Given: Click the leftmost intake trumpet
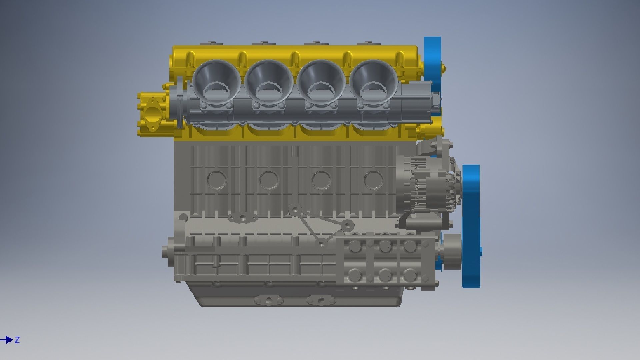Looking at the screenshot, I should pos(216,80).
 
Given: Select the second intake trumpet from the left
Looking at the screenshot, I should pos(269,80).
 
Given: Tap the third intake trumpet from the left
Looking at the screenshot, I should pos(321,80).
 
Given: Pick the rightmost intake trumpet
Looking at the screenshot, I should pos(374,80).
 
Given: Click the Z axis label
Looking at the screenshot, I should pos(17,340).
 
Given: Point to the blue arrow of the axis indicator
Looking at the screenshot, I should pos(7,340).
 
